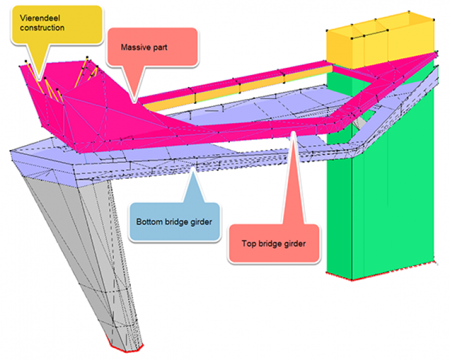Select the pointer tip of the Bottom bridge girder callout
192,171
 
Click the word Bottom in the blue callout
148,221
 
